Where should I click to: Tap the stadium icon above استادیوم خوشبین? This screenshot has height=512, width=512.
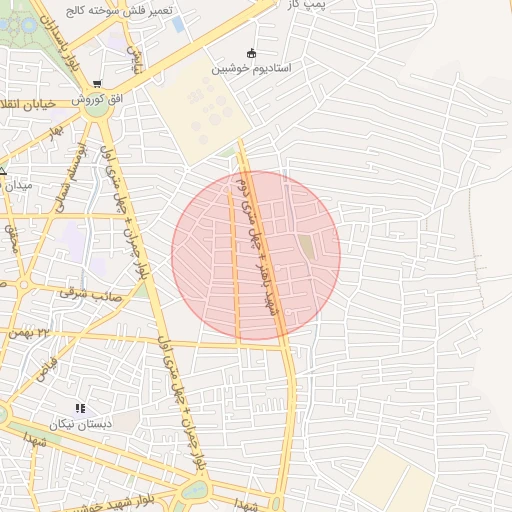(x=250, y=53)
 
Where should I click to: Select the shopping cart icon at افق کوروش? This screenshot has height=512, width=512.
(x=96, y=84)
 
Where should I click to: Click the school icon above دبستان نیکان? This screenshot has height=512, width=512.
(x=80, y=408)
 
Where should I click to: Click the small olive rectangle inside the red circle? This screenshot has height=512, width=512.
(x=306, y=246)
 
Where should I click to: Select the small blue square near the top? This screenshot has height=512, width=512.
(x=178, y=23)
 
